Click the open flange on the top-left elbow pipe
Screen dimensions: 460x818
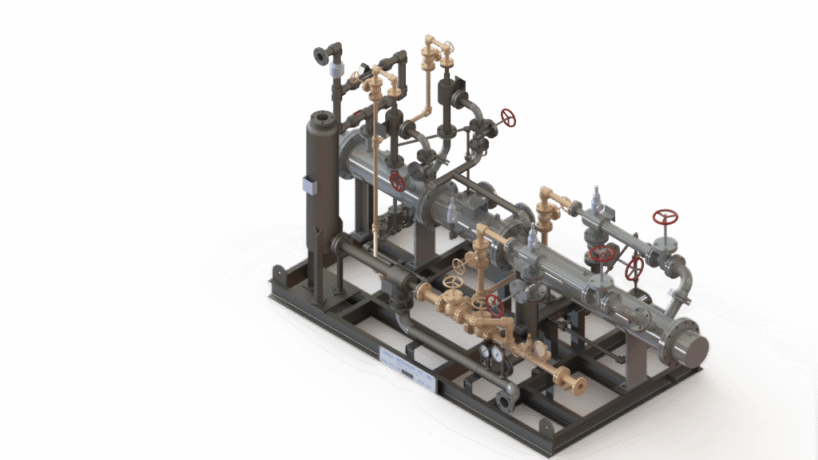point(321,54)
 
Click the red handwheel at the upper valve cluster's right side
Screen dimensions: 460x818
point(508,117)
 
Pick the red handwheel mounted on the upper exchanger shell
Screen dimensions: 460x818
point(397,181)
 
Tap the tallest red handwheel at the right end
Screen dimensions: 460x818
point(665,216)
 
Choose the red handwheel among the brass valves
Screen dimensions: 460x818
point(495,304)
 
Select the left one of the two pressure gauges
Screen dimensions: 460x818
point(486,352)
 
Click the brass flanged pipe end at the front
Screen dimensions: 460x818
point(576,385)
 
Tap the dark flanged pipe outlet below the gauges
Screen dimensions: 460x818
point(505,398)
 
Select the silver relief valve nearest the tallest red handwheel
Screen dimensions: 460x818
point(596,200)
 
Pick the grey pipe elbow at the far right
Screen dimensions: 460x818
point(683,280)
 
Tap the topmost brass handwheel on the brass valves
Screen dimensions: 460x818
point(459,265)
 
